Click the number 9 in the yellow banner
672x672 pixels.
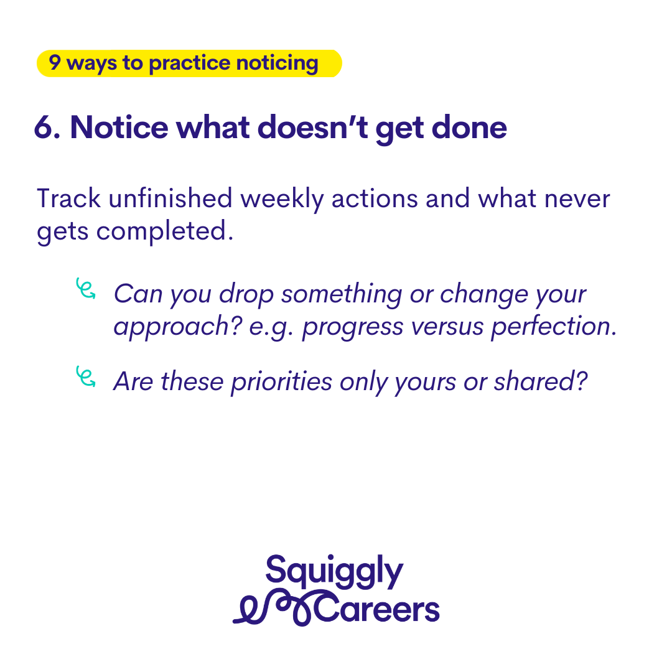click(54, 62)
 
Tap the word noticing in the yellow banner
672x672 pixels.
click(278, 63)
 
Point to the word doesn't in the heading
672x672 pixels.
click(313, 128)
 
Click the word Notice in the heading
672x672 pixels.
click(119, 128)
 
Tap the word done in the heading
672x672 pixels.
click(469, 128)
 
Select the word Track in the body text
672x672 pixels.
click(69, 198)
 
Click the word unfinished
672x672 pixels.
click(170, 198)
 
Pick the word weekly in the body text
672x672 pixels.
click(282, 199)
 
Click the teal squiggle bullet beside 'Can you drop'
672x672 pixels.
click(86, 289)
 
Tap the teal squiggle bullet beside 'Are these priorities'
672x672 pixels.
click(86, 376)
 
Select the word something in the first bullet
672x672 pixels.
click(342, 295)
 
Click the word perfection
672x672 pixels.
click(554, 327)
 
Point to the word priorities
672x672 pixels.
click(281, 382)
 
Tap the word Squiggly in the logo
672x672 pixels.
click(334, 572)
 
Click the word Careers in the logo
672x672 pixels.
click(377, 609)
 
